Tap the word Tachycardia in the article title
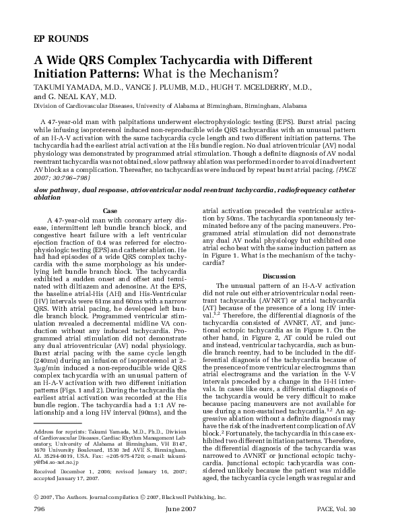(205, 60)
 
